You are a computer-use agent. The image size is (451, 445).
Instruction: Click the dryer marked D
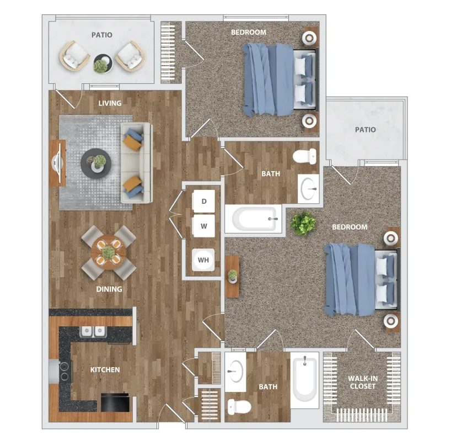point(204,201)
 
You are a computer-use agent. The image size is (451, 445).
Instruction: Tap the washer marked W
point(204,226)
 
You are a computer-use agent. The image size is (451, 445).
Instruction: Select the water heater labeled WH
point(203,260)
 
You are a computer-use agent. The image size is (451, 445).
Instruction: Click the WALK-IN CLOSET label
point(363,382)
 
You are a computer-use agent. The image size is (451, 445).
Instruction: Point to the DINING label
point(109,289)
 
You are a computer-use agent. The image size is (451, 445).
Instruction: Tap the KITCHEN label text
point(105,369)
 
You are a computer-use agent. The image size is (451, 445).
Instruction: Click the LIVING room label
point(110,103)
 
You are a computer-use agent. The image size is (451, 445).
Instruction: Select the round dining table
point(109,252)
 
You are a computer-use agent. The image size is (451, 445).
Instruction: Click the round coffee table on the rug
point(96,163)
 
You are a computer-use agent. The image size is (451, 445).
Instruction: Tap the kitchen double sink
point(93,331)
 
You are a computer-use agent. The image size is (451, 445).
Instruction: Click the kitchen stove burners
point(65,371)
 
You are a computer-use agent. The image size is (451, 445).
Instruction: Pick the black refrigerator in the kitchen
point(115,402)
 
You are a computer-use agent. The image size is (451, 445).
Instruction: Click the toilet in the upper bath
point(304,156)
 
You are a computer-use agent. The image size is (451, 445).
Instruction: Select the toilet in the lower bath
point(239,407)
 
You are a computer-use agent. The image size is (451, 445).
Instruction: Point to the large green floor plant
point(303,223)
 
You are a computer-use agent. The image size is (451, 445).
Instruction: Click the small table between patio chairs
point(103,63)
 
